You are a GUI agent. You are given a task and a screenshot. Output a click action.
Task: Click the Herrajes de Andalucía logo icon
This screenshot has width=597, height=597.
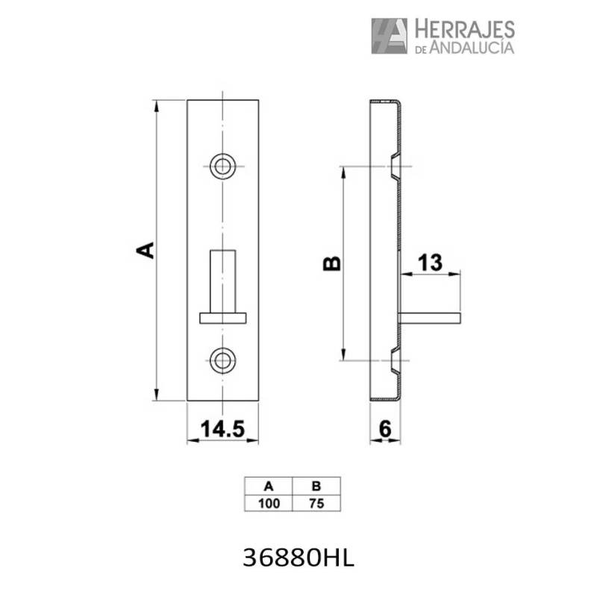click(389, 36)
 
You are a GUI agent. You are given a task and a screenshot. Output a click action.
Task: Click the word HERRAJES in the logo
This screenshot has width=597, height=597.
click(463, 28)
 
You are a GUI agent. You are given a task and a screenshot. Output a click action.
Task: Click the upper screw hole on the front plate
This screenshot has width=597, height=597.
click(222, 166)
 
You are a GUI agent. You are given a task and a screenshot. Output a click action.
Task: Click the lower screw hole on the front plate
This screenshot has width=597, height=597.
click(222, 360)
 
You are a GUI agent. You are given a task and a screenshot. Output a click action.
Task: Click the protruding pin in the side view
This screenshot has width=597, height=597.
click(433, 318)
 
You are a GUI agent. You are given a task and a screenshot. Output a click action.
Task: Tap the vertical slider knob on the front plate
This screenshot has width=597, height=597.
click(223, 281)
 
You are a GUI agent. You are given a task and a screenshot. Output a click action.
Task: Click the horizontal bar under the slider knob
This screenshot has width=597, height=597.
click(223, 318)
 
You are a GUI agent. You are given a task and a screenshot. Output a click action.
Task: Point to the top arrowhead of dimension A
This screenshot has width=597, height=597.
click(156, 105)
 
